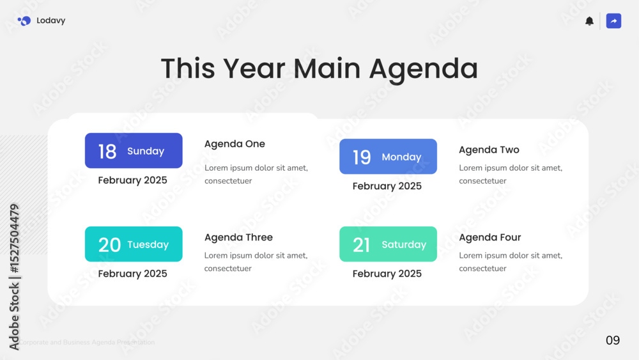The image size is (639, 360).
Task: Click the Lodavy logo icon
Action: coord(24,21)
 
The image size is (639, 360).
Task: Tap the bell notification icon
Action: coord(589,21)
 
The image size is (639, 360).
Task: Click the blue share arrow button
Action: coord(613,21)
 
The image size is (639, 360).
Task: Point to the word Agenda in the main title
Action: coord(424,69)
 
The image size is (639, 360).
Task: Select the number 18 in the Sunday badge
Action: coord(107,152)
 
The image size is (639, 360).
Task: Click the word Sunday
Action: coord(146,152)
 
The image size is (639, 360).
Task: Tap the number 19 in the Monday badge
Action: coord(362,157)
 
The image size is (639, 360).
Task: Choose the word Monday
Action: coord(401,157)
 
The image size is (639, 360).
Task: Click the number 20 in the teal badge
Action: coord(109,245)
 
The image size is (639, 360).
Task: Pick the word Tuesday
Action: coord(148,245)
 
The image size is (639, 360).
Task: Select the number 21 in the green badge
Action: coord(361,245)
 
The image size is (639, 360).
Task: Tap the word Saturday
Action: coord(404,245)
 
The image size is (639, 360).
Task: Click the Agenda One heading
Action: coord(235,144)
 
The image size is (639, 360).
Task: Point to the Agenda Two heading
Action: coord(489,150)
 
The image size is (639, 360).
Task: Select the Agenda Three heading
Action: coord(238,237)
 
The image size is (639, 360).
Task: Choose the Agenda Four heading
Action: coord(490,237)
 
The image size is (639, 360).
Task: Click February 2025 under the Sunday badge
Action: coord(132,180)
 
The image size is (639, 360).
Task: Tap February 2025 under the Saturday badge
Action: coord(387,274)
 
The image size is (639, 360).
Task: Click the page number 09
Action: coord(613,340)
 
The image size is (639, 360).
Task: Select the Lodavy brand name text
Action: coord(51,21)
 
